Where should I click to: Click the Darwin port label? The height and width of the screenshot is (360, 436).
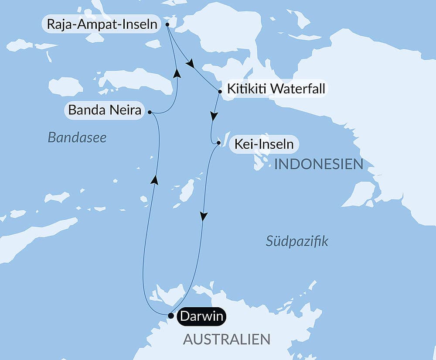point(202,316)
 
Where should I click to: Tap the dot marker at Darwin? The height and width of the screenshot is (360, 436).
point(171,315)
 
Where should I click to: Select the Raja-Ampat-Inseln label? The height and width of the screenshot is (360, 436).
point(101,24)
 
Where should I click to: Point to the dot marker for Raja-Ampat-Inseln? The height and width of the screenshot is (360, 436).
point(168,25)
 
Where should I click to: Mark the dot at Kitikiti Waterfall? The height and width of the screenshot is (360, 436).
point(220,92)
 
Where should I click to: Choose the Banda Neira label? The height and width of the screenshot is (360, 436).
point(105,110)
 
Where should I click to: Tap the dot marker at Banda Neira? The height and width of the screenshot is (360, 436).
point(150,112)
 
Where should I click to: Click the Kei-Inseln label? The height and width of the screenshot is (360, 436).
point(264,144)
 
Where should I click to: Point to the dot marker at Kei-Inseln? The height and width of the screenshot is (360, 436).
point(219,143)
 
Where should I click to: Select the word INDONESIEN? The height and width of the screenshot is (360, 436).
point(319,165)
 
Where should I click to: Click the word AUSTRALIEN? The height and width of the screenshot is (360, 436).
point(226,339)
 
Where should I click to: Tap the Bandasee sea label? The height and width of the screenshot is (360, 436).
point(77,138)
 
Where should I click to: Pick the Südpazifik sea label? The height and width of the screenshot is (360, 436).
point(297,241)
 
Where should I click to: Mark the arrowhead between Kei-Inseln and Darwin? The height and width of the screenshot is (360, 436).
point(203,216)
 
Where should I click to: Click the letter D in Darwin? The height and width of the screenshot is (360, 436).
point(184,316)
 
